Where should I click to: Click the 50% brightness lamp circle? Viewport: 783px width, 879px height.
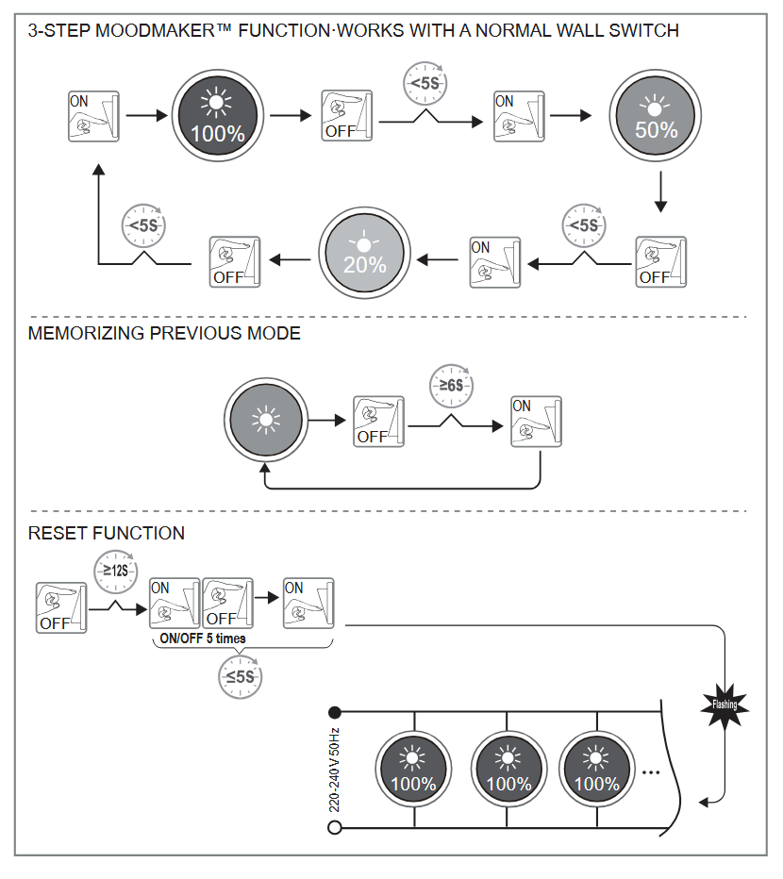click(656, 117)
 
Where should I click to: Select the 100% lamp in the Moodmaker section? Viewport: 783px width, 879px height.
click(217, 117)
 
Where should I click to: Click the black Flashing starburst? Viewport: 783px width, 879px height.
click(725, 704)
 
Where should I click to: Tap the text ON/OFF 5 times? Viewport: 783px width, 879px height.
click(202, 639)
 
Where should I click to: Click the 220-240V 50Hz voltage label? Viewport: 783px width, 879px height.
click(334, 770)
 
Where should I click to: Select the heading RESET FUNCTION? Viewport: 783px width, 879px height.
click(107, 534)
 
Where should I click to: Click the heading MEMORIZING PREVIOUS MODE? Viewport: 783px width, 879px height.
click(164, 334)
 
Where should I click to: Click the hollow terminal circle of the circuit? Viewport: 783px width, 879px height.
click(334, 828)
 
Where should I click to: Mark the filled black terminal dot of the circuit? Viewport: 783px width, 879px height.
click(334, 711)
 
